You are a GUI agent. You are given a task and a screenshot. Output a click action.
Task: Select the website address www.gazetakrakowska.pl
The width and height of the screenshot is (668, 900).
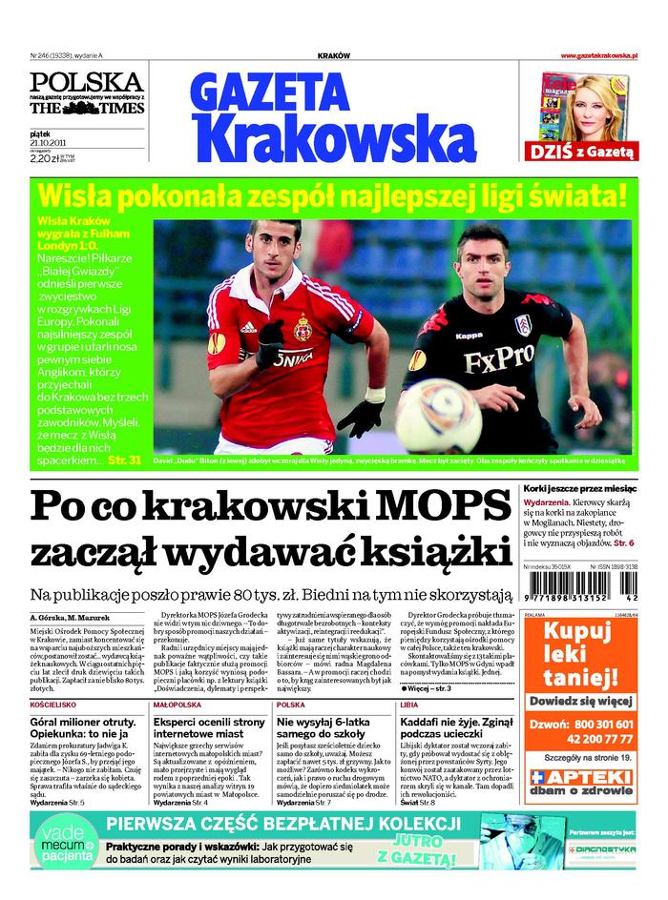(x=598, y=56)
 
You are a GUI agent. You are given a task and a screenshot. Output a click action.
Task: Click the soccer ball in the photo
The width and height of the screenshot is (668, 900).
(x=438, y=415)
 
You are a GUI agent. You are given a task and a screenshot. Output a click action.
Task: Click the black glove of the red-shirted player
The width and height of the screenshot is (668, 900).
(x=360, y=418)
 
